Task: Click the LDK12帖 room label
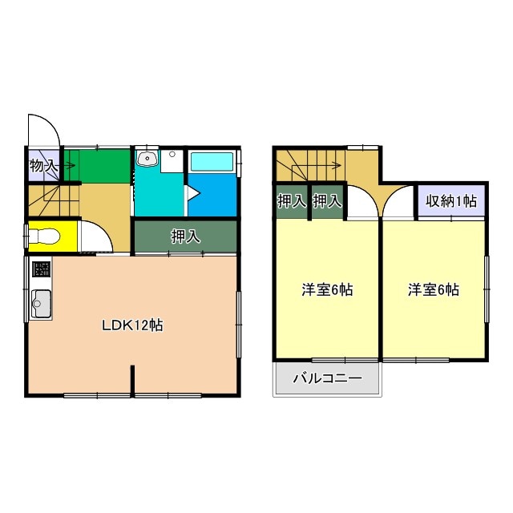coord(132,325)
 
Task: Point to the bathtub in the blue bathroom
coord(212,160)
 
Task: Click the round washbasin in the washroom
coord(147,159)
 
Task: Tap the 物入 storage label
coord(43,167)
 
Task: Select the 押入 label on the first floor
coord(185,237)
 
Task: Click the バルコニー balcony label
coord(327,378)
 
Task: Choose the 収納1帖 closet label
coord(451,201)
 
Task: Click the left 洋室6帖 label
coord(327,289)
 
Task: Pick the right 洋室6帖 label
coord(434,289)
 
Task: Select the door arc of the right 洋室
coord(397,205)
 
